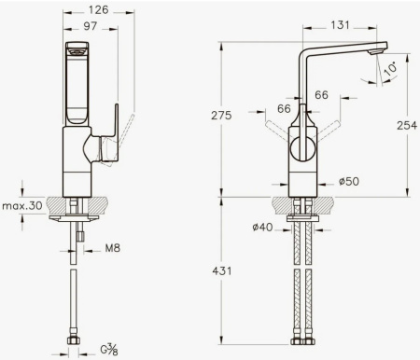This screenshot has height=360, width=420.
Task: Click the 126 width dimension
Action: coord(99,10)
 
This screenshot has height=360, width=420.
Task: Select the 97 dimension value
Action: coord(91,26)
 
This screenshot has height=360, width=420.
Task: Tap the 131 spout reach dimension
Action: coord(340,25)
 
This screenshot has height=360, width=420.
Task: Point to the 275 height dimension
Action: coord(221,116)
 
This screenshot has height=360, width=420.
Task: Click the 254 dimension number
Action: coord(407,125)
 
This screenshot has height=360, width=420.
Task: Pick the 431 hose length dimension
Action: coord(222,271)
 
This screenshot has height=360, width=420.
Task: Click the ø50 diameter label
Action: coord(349,181)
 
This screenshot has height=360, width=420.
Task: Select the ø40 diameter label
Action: coord(262,228)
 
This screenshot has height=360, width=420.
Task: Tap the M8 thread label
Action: coord(112,248)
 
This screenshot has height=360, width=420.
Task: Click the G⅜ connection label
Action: coord(109,350)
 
